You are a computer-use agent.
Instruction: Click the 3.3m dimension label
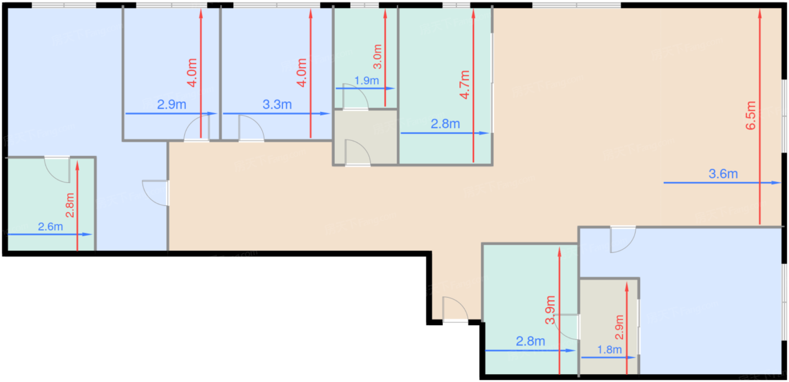coord(277,104)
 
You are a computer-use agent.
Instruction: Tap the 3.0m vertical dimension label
coord(378,57)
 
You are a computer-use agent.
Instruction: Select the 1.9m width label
coord(367,80)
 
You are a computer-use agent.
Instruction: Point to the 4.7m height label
coord(464,84)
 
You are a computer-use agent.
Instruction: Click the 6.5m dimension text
coord(750,116)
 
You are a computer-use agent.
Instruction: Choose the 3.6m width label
coord(723,174)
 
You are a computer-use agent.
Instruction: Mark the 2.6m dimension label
coord(50,227)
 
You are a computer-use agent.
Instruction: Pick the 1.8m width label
coord(609,349)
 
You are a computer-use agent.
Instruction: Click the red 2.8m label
coord(69,205)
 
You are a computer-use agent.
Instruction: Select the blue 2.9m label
coord(172,104)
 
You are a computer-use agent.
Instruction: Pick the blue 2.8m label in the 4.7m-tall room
coord(445,124)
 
